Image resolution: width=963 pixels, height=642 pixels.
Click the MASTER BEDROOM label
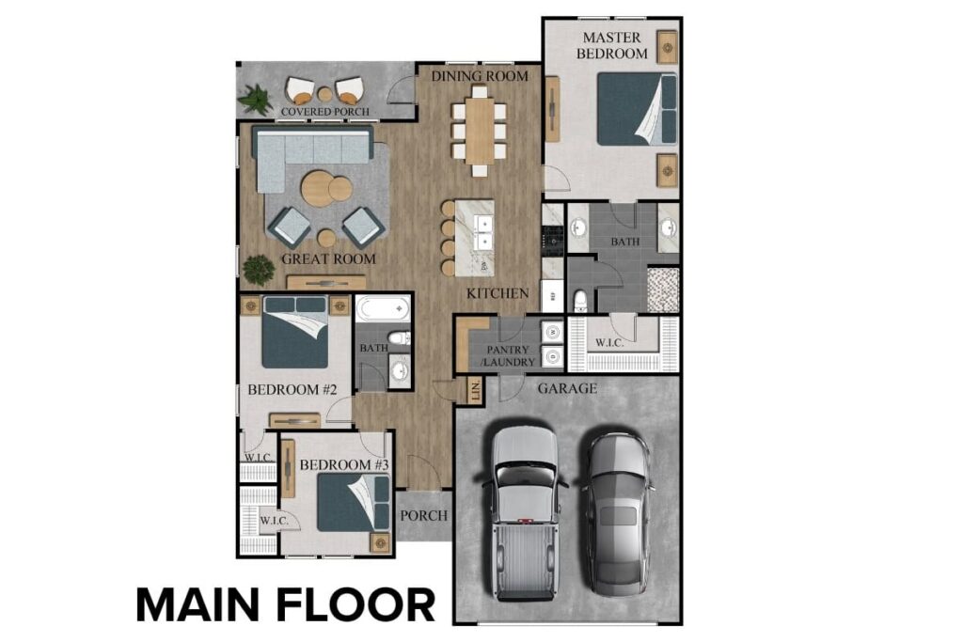612,45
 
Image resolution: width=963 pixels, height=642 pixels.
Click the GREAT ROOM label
328,259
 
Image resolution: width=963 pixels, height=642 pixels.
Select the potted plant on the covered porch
254,97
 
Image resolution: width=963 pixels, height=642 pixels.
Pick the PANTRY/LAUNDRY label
509,355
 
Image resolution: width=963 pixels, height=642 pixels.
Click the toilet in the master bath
580,301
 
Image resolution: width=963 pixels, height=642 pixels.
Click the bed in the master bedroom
637,109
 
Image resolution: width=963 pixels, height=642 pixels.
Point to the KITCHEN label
497,294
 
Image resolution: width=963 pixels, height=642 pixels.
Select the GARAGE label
566,388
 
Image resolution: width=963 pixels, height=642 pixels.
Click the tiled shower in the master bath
663,288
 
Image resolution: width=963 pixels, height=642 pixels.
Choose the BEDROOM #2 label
286,389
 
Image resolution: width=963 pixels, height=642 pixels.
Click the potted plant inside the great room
258,270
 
